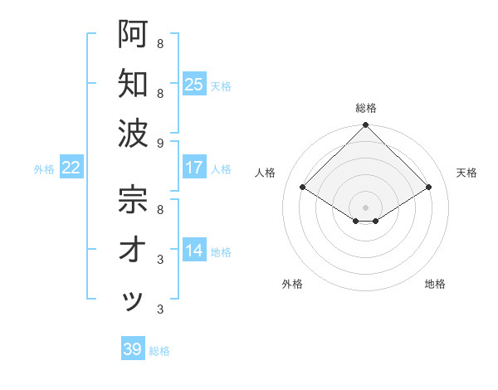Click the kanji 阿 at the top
tap(133, 34)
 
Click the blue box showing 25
tap(194, 84)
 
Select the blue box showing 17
tap(194, 168)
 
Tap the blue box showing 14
tap(194, 251)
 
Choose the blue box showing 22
tap(71, 168)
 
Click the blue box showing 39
tap(133, 349)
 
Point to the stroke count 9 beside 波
tap(160, 144)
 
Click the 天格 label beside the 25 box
tap(221, 85)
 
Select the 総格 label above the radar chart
tap(365, 108)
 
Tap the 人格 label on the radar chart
tap(266, 173)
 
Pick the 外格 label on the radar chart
tap(292, 284)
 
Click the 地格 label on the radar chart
tap(435, 284)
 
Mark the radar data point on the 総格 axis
tap(365, 126)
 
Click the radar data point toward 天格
tap(429, 187)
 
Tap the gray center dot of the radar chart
tap(365, 207)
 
